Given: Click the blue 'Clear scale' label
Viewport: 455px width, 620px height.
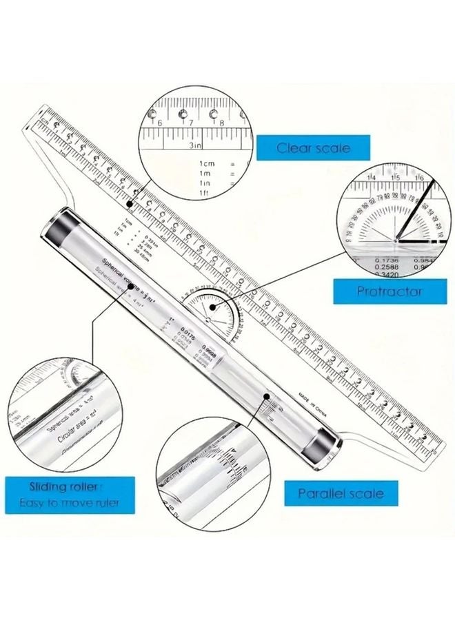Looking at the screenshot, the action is (x=313, y=147).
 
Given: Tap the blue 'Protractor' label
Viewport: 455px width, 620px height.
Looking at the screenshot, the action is (x=390, y=291).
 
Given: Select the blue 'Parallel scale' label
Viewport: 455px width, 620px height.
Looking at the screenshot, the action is (x=341, y=493).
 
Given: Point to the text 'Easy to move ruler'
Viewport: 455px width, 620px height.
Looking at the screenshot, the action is (x=68, y=502).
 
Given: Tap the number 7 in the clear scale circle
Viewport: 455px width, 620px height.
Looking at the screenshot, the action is (x=191, y=122).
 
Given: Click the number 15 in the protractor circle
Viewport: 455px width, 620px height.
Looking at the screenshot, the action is (x=396, y=177).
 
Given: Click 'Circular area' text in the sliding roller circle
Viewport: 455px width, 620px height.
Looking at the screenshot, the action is (x=68, y=439).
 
